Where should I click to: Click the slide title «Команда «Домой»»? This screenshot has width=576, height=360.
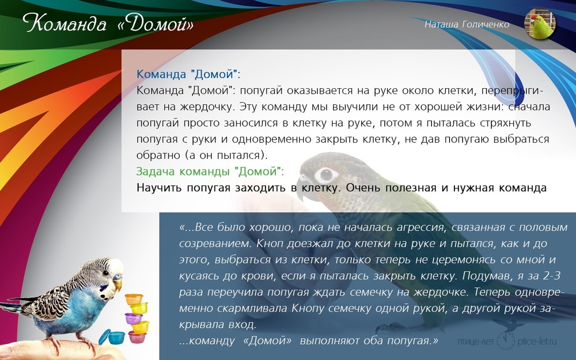pyautogui.click(x=108, y=23)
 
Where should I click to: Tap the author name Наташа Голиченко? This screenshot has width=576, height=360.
pyautogui.click(x=467, y=24)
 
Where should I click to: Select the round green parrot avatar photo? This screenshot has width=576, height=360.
pyautogui.click(x=540, y=24)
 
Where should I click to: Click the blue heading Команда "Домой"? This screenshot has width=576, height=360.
pyautogui.click(x=188, y=74)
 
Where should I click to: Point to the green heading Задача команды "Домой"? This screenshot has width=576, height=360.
pyautogui.click(x=210, y=171)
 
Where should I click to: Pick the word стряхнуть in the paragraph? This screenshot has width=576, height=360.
pyautogui.click(x=505, y=123)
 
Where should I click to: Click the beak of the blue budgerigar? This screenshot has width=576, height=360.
pyautogui.click(x=118, y=285)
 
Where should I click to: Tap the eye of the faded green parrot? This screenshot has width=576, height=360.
pyautogui.click(x=325, y=175)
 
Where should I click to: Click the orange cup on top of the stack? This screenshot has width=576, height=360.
pyautogui.click(x=134, y=298)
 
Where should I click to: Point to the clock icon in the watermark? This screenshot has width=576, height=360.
pyautogui.click(x=506, y=340)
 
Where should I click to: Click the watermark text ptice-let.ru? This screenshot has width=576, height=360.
pyautogui.click(x=537, y=341)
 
